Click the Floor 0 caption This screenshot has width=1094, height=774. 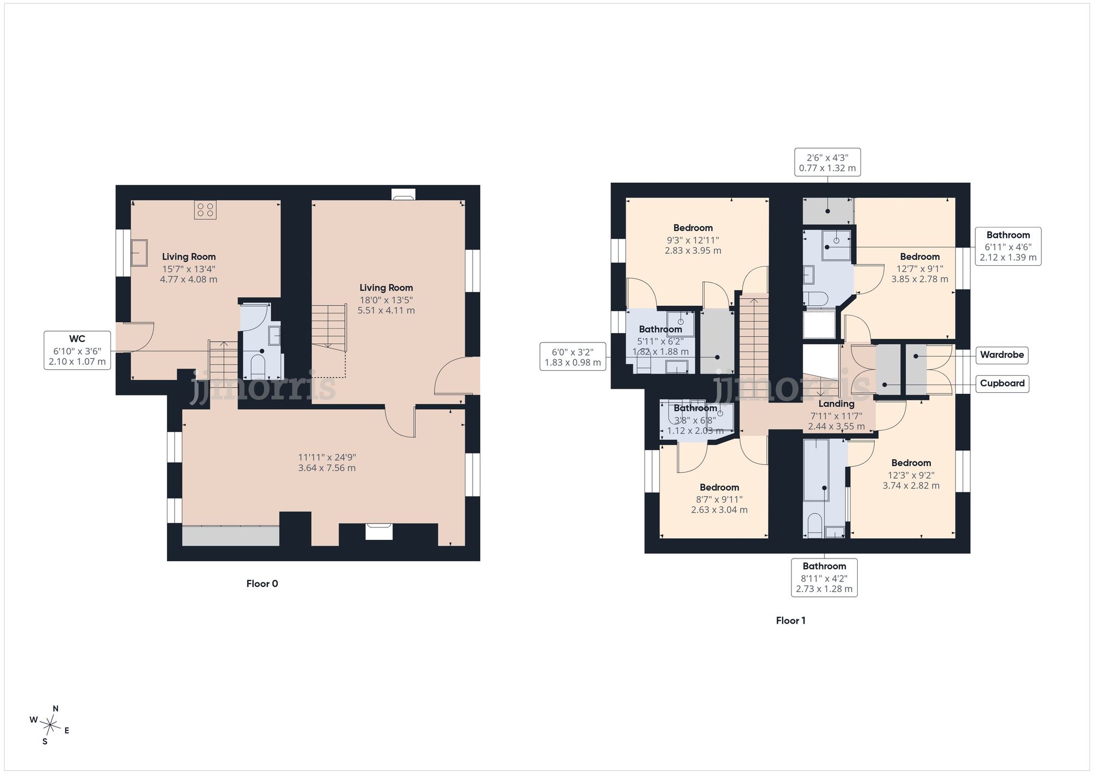point(262,584)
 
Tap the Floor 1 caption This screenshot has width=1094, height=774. point(790,620)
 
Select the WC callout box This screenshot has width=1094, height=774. point(77,350)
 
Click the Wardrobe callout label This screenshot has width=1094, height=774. point(1002,355)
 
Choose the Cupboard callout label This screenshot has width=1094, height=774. point(1002,383)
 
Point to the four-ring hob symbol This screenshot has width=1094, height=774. point(205,210)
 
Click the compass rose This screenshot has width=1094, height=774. point(50,725)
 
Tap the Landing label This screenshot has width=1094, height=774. point(836,404)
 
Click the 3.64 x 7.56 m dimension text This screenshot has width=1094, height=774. point(327,468)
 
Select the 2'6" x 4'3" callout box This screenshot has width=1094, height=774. point(828,162)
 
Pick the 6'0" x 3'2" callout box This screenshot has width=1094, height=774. point(573,357)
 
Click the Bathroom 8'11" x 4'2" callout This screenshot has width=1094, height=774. point(824,578)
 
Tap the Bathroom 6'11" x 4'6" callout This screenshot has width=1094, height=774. point(1008,247)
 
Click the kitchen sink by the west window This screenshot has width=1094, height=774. point(139,252)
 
